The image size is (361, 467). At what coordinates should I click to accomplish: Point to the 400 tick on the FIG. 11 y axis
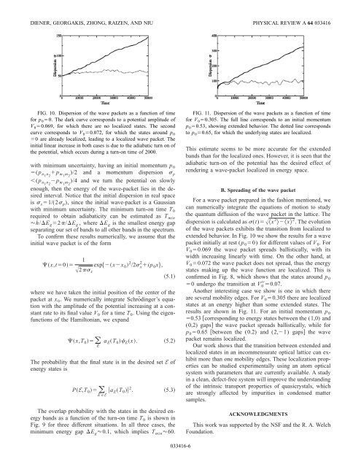[x=212, y=34]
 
